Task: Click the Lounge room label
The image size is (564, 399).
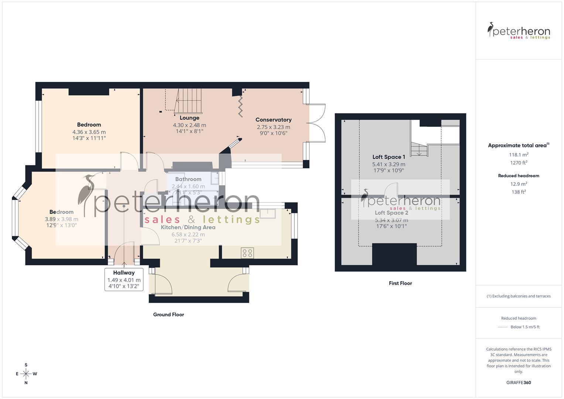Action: [x=189, y=118]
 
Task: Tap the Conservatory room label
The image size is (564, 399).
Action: [x=273, y=120]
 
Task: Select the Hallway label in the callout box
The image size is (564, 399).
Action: [x=124, y=273]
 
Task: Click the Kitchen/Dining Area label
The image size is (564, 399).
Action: [x=188, y=227]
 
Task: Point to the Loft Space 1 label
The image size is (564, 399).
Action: [x=389, y=157]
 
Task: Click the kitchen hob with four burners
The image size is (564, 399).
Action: [x=247, y=253]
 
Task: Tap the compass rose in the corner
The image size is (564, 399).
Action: [x=26, y=374]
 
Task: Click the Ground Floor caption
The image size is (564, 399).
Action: [x=168, y=315]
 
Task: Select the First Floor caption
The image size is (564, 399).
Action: [x=400, y=283]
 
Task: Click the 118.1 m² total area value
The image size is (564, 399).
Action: [x=519, y=155]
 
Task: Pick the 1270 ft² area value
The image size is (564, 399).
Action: [x=519, y=163]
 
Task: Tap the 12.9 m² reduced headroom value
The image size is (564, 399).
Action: [x=519, y=184]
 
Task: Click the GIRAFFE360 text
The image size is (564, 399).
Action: [x=519, y=383]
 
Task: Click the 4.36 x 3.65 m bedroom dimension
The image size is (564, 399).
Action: [x=89, y=132]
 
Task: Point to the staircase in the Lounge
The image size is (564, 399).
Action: [x=189, y=100]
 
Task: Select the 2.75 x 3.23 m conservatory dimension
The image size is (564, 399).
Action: [x=273, y=127]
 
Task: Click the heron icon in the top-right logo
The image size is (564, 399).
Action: [x=491, y=30]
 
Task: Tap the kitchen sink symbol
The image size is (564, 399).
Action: [x=268, y=214]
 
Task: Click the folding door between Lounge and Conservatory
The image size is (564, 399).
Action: [x=240, y=106]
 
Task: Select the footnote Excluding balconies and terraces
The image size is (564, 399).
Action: [x=519, y=296]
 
